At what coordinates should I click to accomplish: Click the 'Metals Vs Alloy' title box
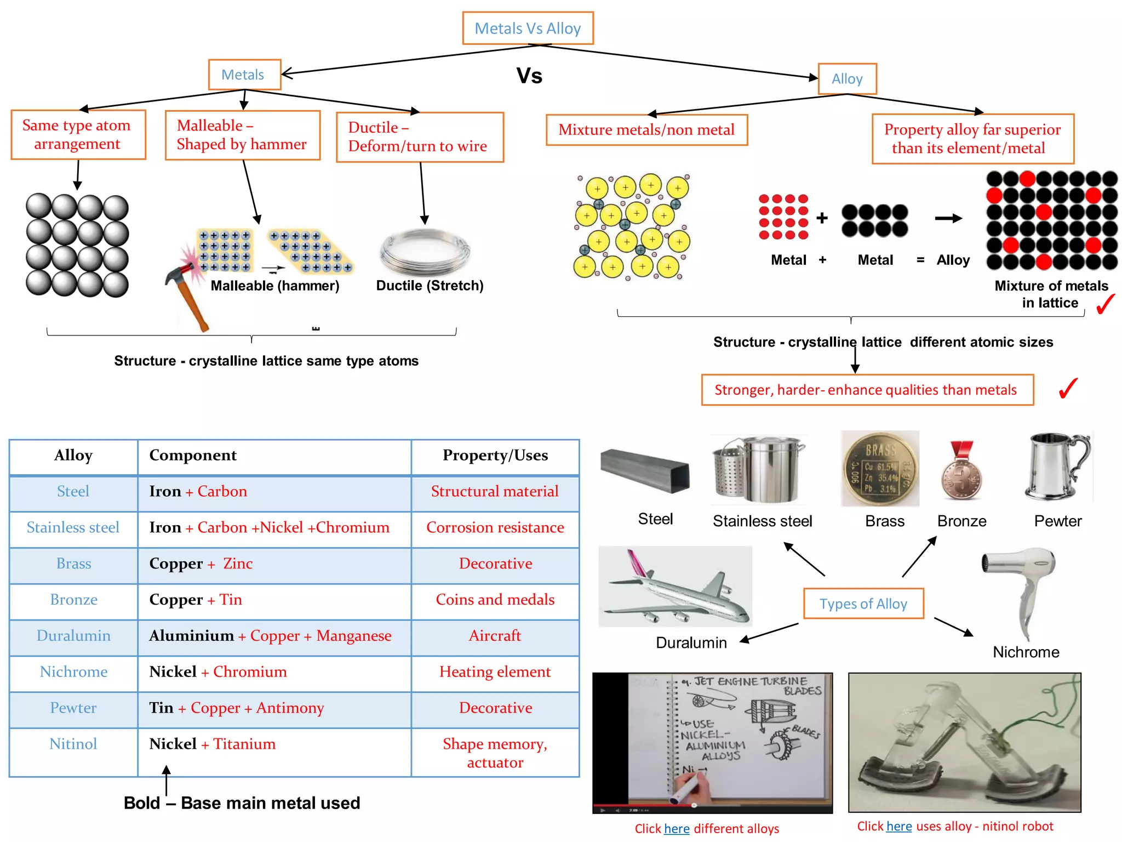click(527, 28)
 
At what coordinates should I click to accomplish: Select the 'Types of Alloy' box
click(863, 604)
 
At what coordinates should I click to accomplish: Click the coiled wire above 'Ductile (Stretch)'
click(425, 252)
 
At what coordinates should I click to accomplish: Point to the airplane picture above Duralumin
click(675, 587)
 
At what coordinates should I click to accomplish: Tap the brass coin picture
click(880, 469)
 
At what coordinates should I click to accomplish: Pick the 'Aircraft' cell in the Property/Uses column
click(495, 636)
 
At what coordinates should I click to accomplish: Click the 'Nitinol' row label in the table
click(73, 744)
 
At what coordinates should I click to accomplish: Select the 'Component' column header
click(193, 456)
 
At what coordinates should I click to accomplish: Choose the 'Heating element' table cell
click(495, 672)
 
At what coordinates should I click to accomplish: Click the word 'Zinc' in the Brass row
click(238, 564)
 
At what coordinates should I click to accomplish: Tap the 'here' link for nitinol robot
click(899, 826)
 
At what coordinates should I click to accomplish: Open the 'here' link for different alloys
click(677, 828)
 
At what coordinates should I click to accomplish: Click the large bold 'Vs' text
click(529, 76)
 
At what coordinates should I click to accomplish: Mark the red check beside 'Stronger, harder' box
click(1068, 389)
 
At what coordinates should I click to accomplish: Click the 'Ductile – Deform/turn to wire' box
click(420, 137)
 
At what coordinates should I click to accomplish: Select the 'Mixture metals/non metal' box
click(646, 130)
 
